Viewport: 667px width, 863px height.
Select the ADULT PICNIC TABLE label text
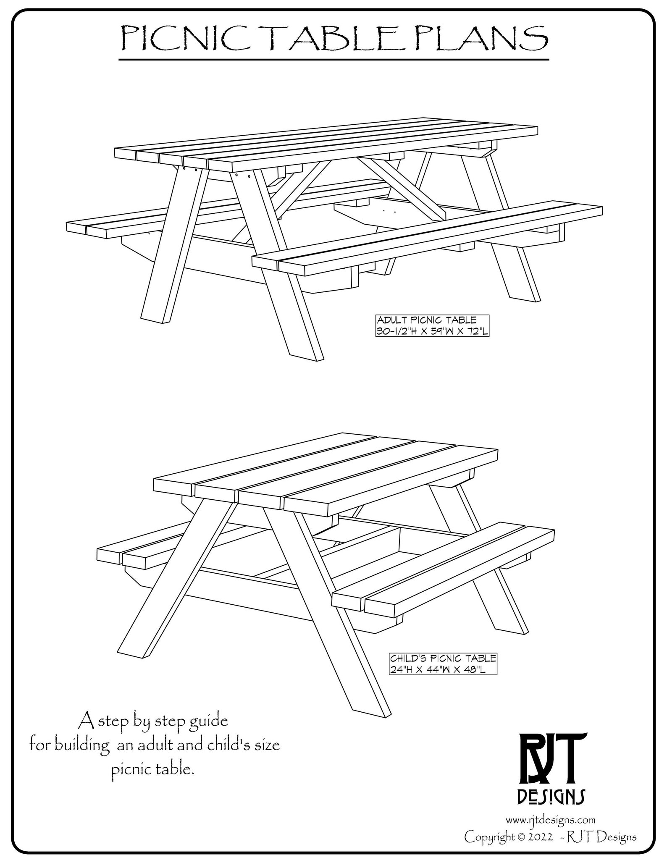[426, 320]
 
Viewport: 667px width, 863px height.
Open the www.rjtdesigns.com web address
[550, 819]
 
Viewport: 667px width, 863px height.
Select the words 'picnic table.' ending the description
[154, 770]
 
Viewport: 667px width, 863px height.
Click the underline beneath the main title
[334, 60]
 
